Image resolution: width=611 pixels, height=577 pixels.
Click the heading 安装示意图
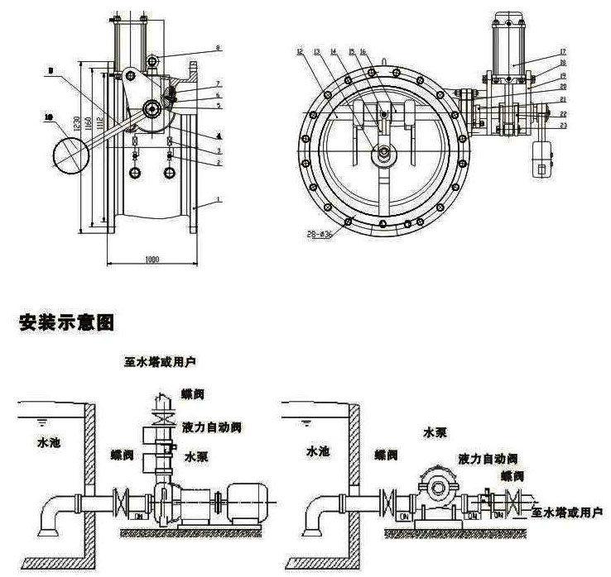pos(65,322)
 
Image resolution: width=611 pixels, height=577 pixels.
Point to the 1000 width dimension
pos(152,259)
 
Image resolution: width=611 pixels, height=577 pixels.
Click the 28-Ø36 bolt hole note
pos(320,234)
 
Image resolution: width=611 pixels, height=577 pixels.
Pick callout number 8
pos(218,49)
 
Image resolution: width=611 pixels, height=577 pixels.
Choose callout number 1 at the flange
pos(218,200)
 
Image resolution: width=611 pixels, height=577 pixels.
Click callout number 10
pos(48,118)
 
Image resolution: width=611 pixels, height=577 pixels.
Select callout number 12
pos(299,51)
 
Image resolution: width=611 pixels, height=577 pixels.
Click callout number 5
pos(218,106)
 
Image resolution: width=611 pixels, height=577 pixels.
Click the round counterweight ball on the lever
pos(72,155)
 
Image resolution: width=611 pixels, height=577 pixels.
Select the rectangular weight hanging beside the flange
pos(543,159)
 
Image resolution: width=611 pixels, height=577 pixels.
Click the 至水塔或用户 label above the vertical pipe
pos(160,361)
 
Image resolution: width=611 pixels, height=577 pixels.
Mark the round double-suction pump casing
pos(436,484)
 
